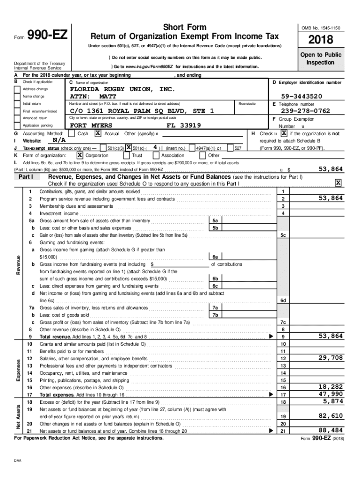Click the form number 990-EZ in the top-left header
click(47, 35)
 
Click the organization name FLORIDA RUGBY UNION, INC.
click(122, 89)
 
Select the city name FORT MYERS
click(91, 126)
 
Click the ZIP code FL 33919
click(184, 126)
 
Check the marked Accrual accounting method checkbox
click(98, 133)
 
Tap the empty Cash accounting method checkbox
click(71, 133)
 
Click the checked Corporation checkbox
click(80, 155)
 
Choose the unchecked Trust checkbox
click(126, 155)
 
